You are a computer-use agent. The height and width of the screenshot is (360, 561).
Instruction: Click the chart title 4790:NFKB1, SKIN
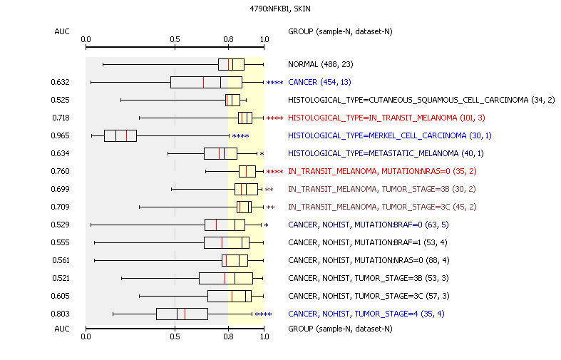280,9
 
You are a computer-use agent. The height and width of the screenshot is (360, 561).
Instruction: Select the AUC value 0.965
60,135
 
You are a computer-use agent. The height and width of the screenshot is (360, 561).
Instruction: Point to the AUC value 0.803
60,314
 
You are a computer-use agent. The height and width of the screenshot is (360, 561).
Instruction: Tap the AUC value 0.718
60,118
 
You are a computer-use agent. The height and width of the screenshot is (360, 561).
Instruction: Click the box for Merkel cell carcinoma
120,135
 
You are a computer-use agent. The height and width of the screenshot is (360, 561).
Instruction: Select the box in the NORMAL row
231,64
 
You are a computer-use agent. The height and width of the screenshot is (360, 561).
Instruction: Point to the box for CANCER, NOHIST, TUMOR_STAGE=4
182,314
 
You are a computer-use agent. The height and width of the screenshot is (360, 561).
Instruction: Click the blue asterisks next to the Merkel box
240,135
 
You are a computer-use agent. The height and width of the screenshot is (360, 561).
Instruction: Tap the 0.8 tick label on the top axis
228,39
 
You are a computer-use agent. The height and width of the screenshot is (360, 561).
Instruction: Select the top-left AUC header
61,31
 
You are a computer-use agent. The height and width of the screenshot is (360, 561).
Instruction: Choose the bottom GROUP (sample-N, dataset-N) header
340,329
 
